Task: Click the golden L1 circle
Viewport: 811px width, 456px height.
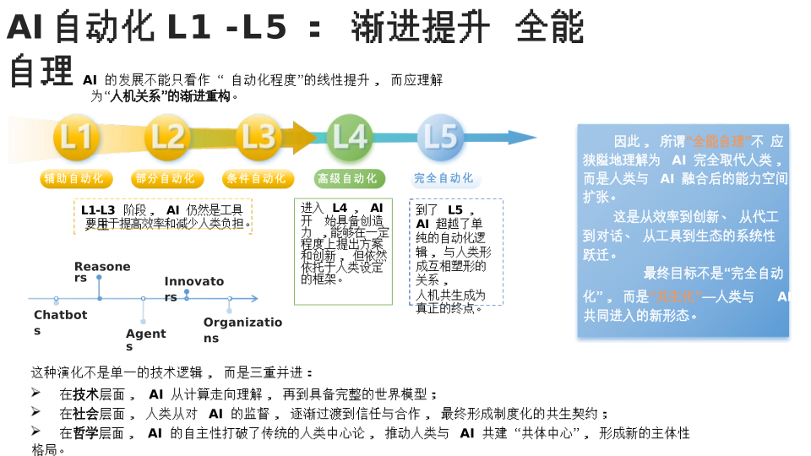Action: (76, 138)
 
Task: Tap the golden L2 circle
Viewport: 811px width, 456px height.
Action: (167, 138)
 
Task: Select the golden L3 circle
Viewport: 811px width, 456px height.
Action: (259, 138)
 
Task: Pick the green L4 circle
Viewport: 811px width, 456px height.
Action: (349, 138)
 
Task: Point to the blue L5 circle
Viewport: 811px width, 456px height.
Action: (440, 138)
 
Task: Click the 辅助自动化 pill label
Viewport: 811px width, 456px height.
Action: (73, 179)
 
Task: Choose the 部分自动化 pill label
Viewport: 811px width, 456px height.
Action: (165, 179)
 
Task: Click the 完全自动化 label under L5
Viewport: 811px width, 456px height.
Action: (444, 179)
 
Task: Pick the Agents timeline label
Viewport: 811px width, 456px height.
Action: (145, 339)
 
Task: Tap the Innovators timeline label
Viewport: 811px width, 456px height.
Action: (193, 288)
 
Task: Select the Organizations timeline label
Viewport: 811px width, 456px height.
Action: (242, 329)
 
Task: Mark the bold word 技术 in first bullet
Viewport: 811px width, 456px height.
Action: (86, 394)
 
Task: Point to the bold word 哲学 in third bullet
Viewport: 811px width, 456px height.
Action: (86, 433)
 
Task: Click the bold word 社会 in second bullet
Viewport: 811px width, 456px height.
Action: (86, 414)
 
